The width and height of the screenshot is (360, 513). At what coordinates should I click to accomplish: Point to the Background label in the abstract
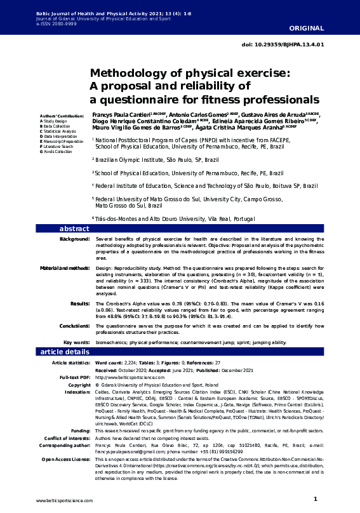(74, 239)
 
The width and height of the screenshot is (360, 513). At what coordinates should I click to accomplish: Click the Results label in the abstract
(79, 304)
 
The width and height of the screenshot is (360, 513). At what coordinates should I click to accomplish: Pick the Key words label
(76, 342)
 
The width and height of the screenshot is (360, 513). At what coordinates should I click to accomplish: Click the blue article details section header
(66, 352)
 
